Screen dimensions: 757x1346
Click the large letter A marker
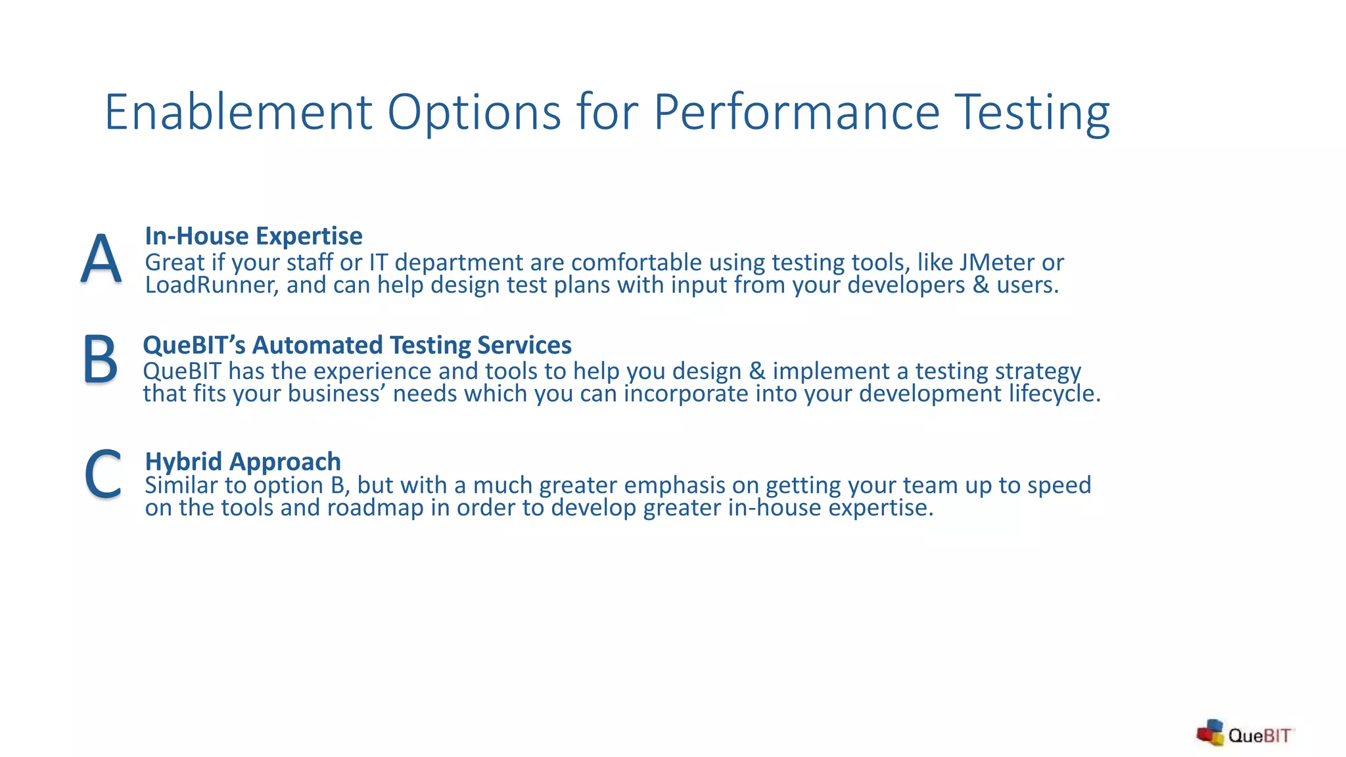tap(101, 259)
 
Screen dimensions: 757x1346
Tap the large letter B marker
tap(100, 359)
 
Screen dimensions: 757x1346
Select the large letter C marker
tap(103, 474)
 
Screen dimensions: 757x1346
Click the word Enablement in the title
tap(239, 112)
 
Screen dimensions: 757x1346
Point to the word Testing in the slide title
tap(1032, 112)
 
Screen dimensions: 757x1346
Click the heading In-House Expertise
tap(253, 236)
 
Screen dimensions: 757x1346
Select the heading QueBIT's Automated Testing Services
tap(357, 345)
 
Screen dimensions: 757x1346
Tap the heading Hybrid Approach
tap(243, 461)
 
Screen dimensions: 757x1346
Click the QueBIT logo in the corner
tap(1244, 734)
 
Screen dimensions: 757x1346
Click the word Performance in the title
tap(797, 112)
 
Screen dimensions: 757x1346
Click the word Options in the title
tap(474, 112)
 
